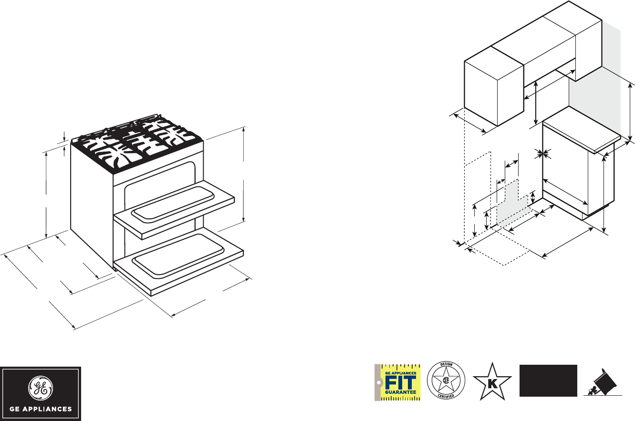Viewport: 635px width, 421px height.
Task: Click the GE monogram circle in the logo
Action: coord(41,387)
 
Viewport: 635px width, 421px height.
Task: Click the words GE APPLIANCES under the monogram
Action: coord(41,409)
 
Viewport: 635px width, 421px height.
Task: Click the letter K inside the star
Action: coord(492,383)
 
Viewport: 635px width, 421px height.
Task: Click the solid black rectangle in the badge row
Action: coord(548,380)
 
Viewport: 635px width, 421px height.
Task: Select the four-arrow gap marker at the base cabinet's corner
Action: coord(542,153)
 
